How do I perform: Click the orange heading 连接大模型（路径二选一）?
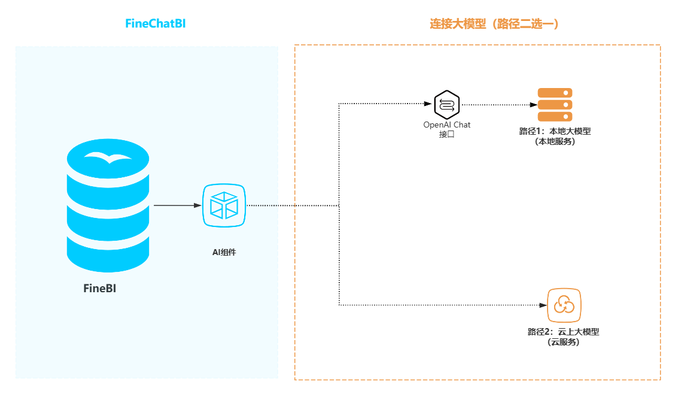[494, 24]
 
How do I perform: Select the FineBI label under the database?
[99, 289]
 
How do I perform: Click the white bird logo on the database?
[108, 157]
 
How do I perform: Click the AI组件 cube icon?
[224, 205]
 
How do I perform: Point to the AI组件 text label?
[224, 252]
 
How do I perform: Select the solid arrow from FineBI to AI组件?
[177, 205]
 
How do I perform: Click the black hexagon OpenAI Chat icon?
[446, 104]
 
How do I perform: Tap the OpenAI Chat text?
[446, 125]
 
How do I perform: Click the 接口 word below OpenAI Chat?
[446, 134]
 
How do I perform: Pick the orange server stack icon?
[555, 104]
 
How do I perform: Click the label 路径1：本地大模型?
[555, 131]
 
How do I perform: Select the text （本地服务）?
[555, 141]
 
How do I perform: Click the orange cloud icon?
[564, 305]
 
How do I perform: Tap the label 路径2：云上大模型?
[563, 332]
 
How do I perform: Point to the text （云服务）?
[563, 342]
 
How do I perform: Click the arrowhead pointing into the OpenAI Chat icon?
[428, 104]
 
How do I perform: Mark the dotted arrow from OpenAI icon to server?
[497, 104]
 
